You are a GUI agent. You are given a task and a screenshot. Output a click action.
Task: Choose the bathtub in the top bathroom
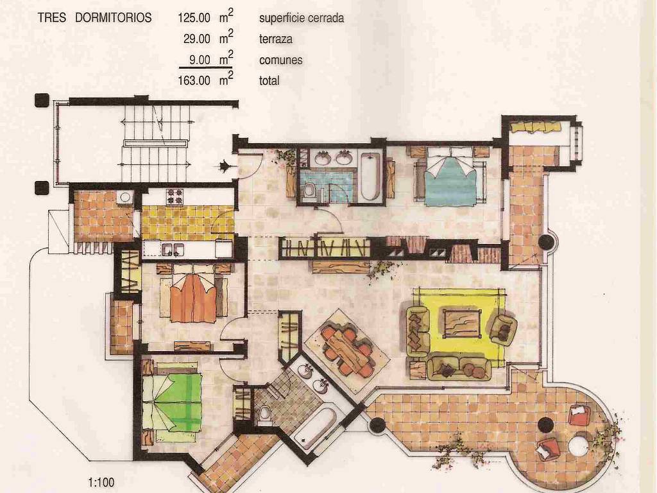(x=370, y=177)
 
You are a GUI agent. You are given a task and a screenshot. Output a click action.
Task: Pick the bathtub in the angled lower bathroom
(x=315, y=428)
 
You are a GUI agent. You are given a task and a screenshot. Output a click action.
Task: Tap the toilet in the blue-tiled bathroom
(x=309, y=191)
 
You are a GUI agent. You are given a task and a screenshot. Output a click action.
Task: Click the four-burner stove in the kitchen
(x=175, y=197)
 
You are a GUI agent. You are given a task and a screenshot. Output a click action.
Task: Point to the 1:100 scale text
(x=101, y=482)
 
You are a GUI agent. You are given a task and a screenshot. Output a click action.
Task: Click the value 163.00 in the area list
(x=194, y=80)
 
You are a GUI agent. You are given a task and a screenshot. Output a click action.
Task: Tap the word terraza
(x=276, y=39)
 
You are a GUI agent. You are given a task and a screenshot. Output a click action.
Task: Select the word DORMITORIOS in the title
(x=113, y=17)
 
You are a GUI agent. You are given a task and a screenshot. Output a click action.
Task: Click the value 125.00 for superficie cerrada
(x=194, y=17)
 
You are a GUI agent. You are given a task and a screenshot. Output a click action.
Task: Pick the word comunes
(x=281, y=60)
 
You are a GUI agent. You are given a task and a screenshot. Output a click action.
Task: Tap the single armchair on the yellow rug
(x=503, y=329)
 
